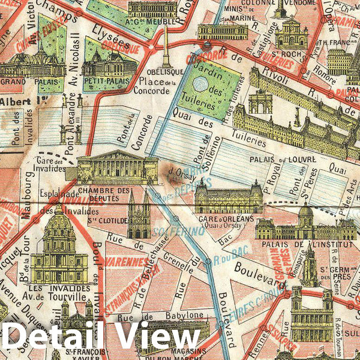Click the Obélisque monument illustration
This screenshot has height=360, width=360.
coord(166,48)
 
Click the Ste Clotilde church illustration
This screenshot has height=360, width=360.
coord(139,217)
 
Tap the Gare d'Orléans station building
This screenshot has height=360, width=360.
coord(228,198)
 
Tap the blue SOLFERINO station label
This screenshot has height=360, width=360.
coord(170,230)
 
